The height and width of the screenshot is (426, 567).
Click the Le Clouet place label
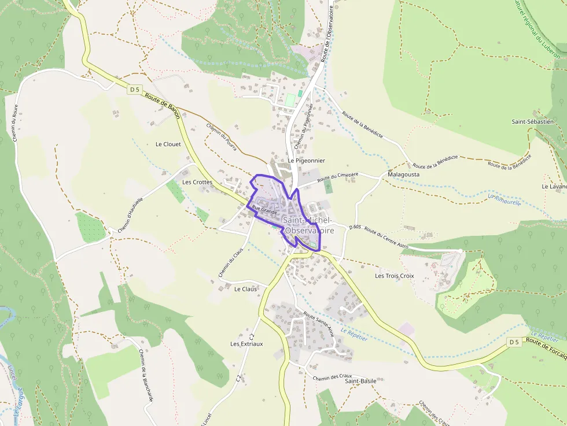click(x=168, y=144)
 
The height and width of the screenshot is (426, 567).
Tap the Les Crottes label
click(x=197, y=181)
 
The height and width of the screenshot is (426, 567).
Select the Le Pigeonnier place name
click(x=306, y=160)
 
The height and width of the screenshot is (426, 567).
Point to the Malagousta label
click(x=403, y=173)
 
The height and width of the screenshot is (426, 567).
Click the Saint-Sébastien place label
click(x=532, y=121)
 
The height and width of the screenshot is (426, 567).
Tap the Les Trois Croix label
click(x=394, y=276)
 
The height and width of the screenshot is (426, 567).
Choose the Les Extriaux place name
click(x=246, y=343)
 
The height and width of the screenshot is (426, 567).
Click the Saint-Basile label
click(x=360, y=381)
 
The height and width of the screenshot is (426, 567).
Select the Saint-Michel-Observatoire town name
click(x=308, y=225)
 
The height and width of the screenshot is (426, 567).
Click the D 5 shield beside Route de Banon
click(x=135, y=89)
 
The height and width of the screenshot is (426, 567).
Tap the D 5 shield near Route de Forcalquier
click(x=514, y=342)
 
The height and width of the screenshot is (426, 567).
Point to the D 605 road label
click(x=355, y=227)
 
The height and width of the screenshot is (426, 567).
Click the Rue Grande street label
click(x=265, y=210)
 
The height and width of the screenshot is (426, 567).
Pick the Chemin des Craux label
click(x=332, y=377)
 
